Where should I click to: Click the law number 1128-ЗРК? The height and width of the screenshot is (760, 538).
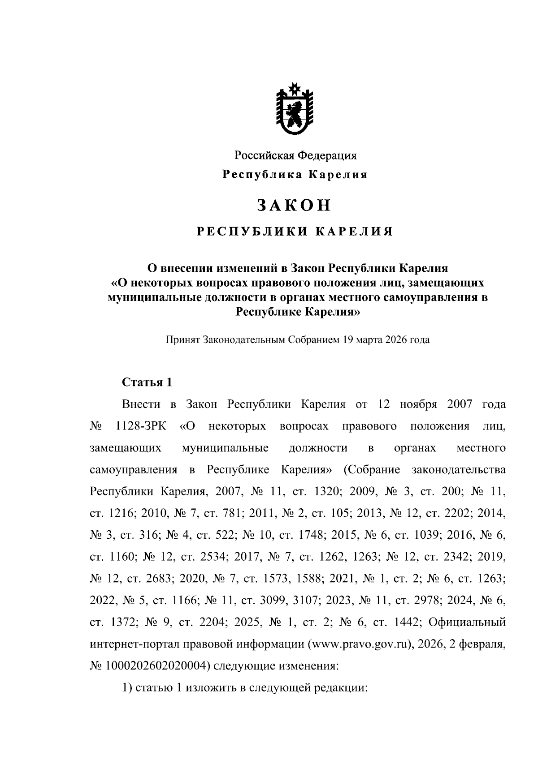pyautogui.click(x=140, y=426)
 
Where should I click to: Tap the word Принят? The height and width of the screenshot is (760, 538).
pyautogui.click(x=183, y=339)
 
